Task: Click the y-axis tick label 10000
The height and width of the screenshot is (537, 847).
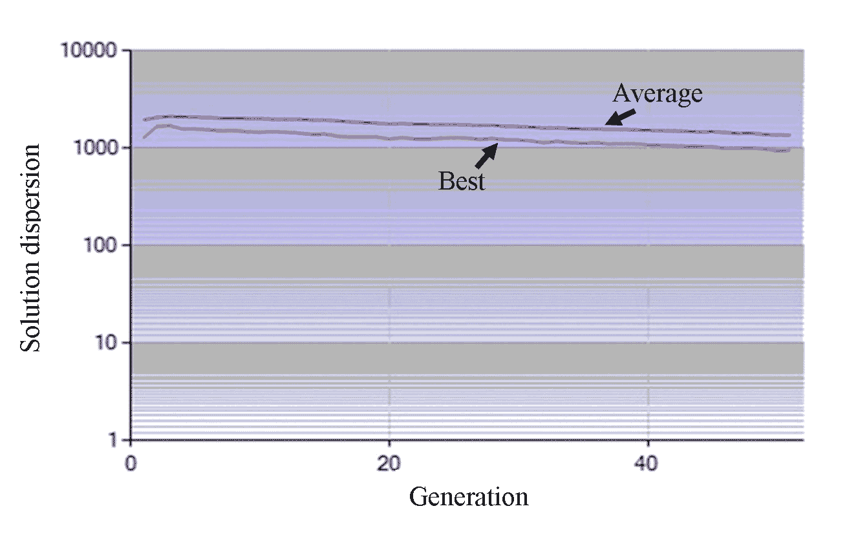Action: [x=92, y=50]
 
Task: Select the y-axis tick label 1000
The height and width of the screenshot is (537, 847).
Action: [x=98, y=148]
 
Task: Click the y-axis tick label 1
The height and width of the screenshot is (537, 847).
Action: [x=115, y=441]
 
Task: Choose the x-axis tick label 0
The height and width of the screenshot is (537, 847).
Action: [x=131, y=464]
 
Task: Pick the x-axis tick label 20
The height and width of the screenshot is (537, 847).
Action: [x=389, y=464]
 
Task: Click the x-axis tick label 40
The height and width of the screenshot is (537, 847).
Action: [x=648, y=464]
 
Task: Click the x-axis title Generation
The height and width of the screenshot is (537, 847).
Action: [x=469, y=497]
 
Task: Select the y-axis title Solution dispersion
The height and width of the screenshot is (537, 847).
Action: [x=30, y=248]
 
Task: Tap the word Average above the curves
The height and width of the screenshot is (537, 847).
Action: [x=657, y=94]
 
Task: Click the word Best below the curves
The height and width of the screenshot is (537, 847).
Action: [x=461, y=181]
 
